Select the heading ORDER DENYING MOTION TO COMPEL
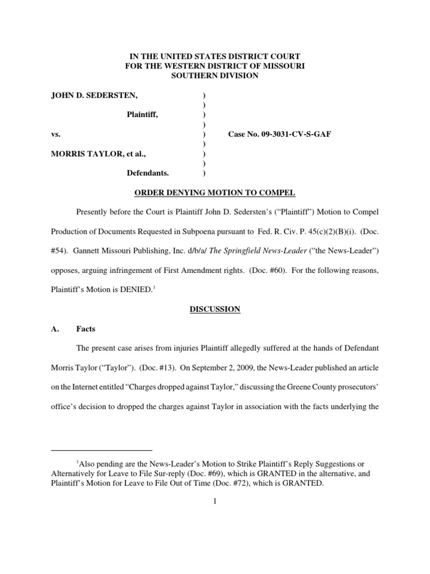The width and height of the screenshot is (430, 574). [x=214, y=193]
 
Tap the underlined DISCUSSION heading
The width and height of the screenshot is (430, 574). [x=215, y=309]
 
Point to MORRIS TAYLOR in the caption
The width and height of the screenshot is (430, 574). [x=84, y=154]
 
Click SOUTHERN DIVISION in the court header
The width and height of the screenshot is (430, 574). [x=215, y=76]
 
